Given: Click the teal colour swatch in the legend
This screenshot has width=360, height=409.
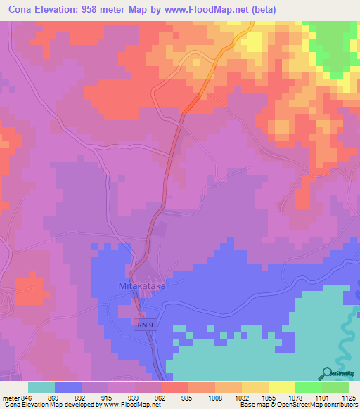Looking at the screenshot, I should (41, 387).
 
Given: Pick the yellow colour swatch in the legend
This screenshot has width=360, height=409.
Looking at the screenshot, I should (281, 387).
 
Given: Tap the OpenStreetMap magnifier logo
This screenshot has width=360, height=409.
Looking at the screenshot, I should (327, 374).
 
